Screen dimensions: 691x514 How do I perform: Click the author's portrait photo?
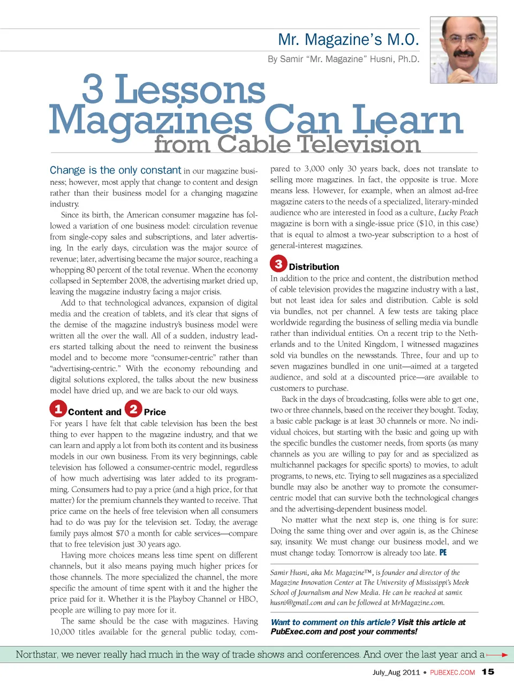(x=463, y=50)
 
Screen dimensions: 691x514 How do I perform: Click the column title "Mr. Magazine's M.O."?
(x=348, y=40)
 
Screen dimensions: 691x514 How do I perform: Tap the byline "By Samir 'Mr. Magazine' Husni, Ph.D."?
(x=343, y=59)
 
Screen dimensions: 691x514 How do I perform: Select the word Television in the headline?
(x=359, y=145)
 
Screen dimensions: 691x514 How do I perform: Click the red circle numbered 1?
(x=58, y=409)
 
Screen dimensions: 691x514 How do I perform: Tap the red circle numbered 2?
(x=133, y=409)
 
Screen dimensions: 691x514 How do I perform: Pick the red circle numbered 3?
(x=278, y=264)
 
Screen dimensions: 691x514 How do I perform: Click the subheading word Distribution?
(x=314, y=267)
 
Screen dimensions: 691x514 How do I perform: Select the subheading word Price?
(x=155, y=412)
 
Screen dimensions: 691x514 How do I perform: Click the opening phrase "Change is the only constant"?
(x=115, y=170)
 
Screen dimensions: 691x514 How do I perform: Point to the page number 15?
(x=488, y=672)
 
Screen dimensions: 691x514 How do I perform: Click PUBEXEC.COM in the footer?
(x=452, y=672)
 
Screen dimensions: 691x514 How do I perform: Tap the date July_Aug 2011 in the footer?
(x=396, y=672)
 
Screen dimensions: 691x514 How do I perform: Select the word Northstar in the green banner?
(x=37, y=655)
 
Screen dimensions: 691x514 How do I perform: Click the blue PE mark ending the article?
(x=443, y=553)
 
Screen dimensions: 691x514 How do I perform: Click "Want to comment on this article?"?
(x=333, y=622)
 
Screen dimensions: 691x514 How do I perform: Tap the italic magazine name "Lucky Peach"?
(x=458, y=213)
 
